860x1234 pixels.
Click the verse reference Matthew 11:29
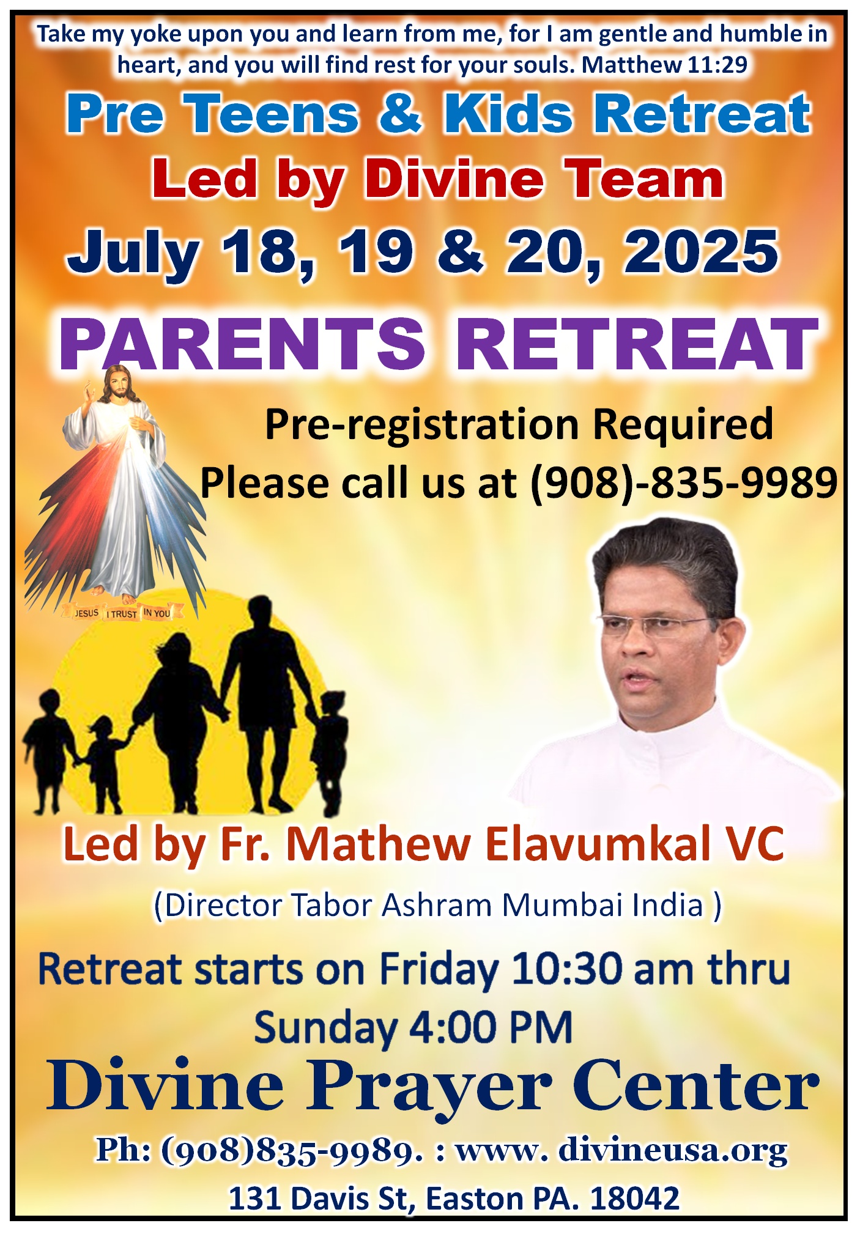click(x=664, y=64)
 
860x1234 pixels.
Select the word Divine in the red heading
click(x=454, y=179)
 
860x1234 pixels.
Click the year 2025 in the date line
click(x=701, y=251)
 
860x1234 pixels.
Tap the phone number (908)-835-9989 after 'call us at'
click(x=683, y=482)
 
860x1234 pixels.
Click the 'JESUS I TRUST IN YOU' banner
click(x=122, y=612)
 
